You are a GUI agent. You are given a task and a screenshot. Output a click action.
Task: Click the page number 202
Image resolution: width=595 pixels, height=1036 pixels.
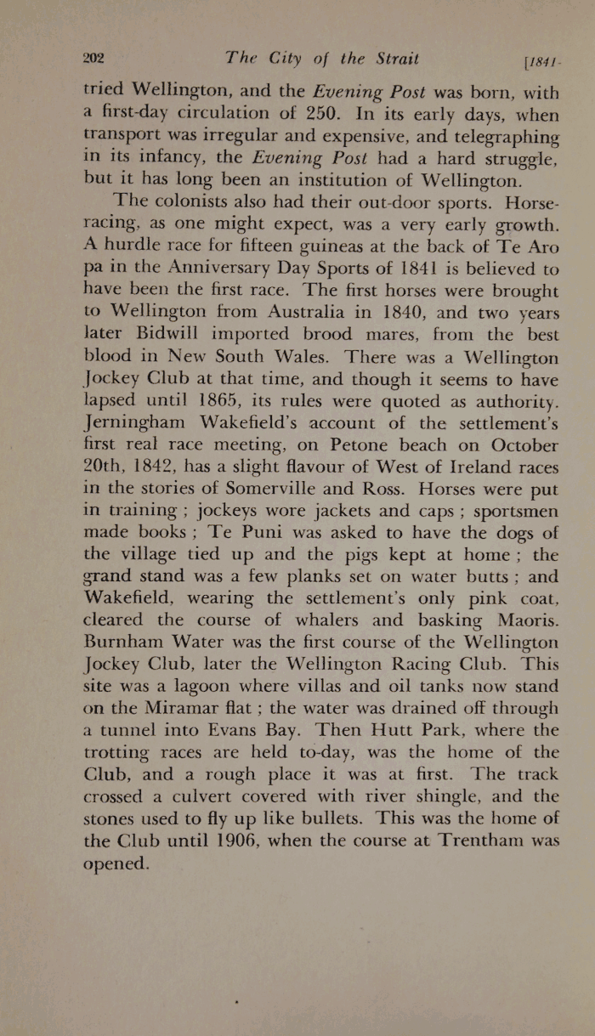tap(93, 59)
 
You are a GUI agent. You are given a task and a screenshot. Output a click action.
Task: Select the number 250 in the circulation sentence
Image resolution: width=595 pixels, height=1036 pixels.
tap(326, 116)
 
